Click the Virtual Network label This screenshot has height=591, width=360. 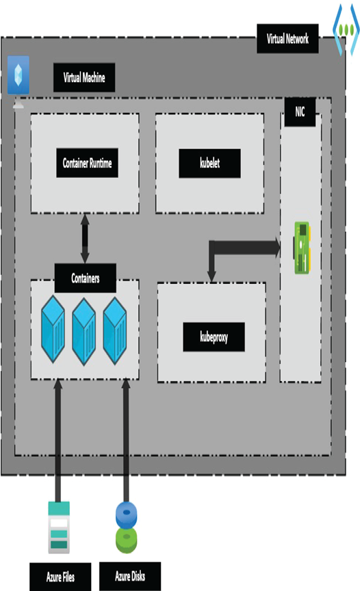(287, 39)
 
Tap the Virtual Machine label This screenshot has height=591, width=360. (84, 78)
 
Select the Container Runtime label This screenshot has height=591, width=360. (87, 163)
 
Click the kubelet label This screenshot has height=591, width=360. (209, 163)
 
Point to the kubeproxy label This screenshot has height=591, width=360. (214, 337)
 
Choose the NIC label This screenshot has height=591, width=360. (300, 111)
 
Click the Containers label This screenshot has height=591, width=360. (85, 278)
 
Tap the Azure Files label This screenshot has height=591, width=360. (60, 577)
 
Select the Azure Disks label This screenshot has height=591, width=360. (130, 577)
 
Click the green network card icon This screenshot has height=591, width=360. (302, 248)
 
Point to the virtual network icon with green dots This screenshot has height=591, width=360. (346, 29)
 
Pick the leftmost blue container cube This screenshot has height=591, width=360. (53, 329)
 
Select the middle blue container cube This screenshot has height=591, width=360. (83, 331)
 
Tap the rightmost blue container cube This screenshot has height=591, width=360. (114, 331)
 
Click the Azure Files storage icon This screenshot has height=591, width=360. (59, 527)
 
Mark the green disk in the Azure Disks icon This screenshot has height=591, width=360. (127, 540)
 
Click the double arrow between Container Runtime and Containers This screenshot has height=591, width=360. (85, 239)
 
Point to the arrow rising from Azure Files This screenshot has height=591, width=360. (57, 441)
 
